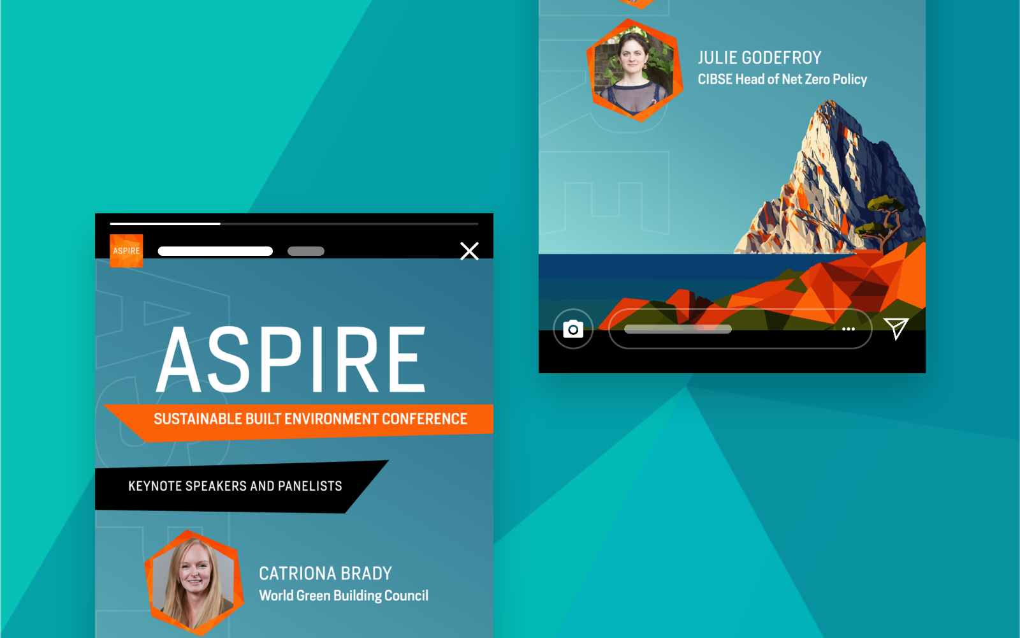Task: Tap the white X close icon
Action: tap(469, 251)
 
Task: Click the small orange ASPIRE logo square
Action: tap(126, 251)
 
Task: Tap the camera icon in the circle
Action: tap(573, 329)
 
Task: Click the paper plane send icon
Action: tap(896, 328)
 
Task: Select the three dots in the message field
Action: tap(849, 329)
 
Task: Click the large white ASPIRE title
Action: tap(291, 360)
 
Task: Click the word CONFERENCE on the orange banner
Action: tap(425, 419)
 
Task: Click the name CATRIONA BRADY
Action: tap(325, 574)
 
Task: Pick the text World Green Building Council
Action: tap(344, 595)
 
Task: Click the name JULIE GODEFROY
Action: tap(759, 58)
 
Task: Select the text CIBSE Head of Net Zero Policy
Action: tap(782, 79)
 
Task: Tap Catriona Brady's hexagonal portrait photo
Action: tap(194, 582)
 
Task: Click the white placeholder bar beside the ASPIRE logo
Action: tap(215, 251)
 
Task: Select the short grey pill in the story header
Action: tap(306, 251)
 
